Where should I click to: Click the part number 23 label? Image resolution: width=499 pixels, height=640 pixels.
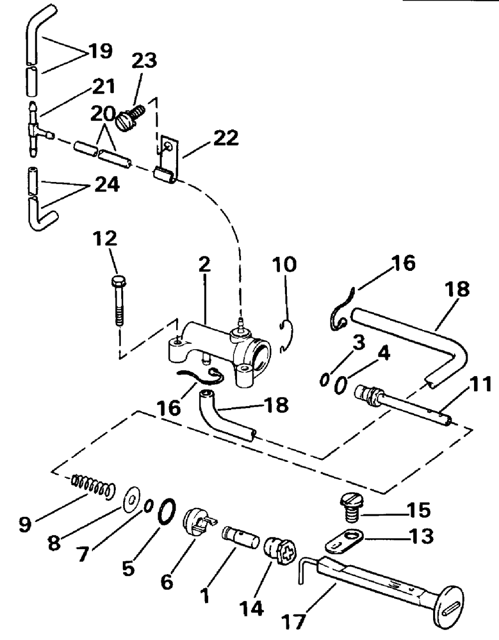(x=144, y=61)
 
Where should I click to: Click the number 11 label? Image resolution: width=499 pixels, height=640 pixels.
(x=480, y=384)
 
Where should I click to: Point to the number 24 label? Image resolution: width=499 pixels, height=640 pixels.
(x=107, y=185)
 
